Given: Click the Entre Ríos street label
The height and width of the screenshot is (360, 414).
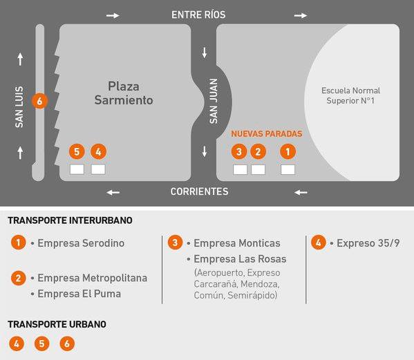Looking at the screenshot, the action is (198, 15).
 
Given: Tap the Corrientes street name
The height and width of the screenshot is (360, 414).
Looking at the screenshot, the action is (199, 191).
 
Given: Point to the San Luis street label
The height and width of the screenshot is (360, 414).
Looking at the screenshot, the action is (19, 107).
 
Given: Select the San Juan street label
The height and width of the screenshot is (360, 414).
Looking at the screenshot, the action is (214, 101).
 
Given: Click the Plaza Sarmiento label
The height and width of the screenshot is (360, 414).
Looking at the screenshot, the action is (124, 93).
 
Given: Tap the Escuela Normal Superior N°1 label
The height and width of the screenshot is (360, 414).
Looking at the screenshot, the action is (350, 95).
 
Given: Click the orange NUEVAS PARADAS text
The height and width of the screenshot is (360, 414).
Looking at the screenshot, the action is (266, 134).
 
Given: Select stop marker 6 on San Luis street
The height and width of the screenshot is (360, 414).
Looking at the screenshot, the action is (39, 101).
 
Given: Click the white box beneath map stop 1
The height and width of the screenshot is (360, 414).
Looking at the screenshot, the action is (288, 170).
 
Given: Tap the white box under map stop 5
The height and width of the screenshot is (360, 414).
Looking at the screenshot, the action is (77, 169).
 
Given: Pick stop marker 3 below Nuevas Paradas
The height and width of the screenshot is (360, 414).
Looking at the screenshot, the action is (239, 152).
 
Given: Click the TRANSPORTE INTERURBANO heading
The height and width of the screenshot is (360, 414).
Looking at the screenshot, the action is (70, 220).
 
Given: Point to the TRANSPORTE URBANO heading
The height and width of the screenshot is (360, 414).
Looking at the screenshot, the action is (57, 324).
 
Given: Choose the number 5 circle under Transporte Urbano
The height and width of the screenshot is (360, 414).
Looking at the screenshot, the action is (41, 343).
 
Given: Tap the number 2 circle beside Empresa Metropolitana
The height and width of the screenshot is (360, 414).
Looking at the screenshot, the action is (18, 278).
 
